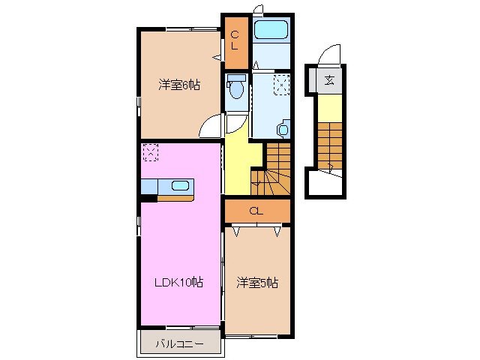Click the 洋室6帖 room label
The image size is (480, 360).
(178, 85)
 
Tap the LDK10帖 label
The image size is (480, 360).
(178, 282)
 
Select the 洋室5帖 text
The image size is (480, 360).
(258, 282)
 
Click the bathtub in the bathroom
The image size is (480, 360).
(271, 31)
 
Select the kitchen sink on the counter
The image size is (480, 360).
(181, 186)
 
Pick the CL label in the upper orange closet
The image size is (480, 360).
(235, 40)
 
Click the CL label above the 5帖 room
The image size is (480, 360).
(256, 211)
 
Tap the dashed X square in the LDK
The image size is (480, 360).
(150, 151)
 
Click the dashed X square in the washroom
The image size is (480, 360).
(281, 84)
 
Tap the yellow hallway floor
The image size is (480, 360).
(241, 157)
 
